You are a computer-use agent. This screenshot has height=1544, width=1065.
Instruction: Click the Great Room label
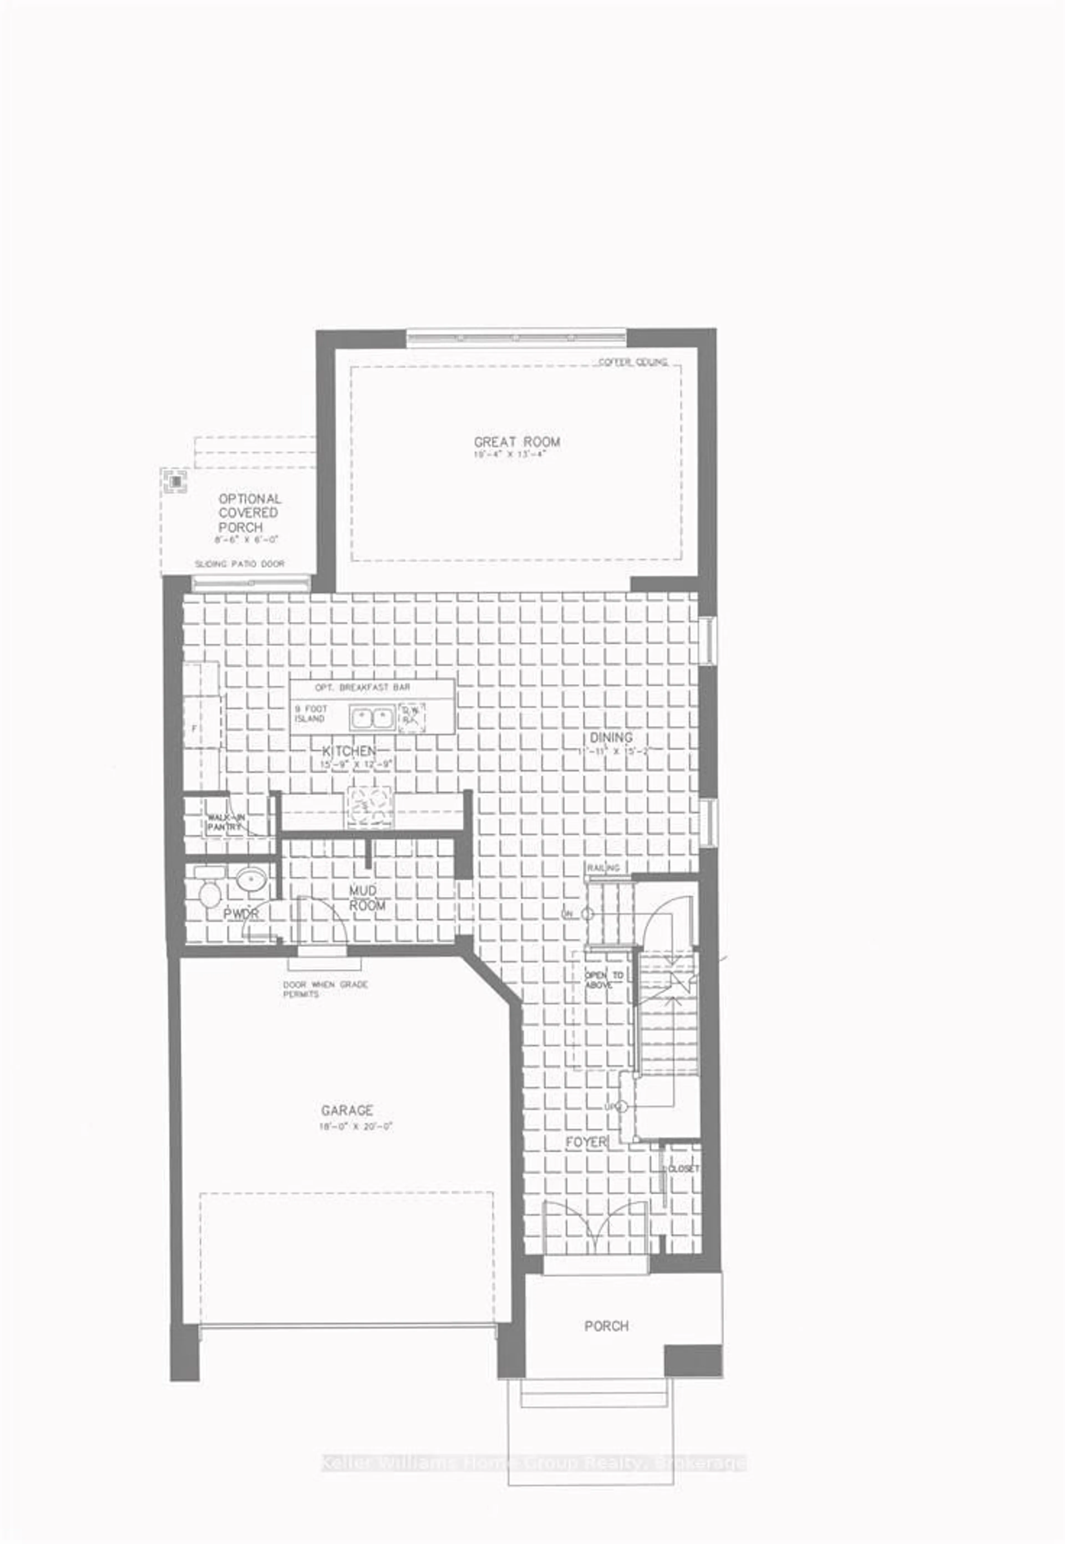pos(516,442)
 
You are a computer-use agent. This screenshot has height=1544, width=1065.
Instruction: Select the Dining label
pos(611,737)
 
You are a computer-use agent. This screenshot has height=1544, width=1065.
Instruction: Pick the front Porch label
pos(606,1326)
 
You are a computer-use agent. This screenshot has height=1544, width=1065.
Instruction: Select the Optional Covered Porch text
pos(250,513)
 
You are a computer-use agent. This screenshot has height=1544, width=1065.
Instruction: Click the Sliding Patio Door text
pos(240,564)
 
